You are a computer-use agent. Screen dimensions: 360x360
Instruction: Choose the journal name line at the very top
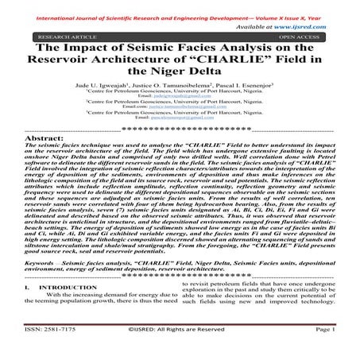(x=180, y=6)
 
